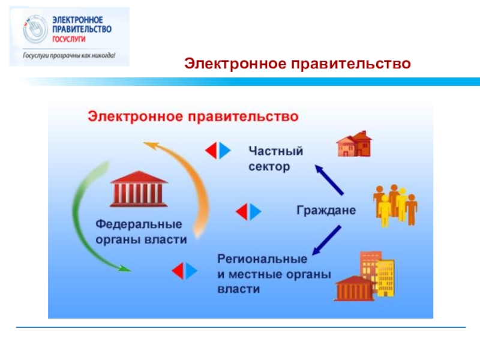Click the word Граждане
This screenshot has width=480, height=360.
pos(326,211)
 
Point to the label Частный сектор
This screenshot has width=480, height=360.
pos(275,158)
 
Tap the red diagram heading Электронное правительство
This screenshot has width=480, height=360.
pos(193,116)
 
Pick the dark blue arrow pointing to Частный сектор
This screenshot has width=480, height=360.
pos(329,179)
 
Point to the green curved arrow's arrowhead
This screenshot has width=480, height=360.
pos(123,268)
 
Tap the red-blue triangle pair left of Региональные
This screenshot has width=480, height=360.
pos(184,271)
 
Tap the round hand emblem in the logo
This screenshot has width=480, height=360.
pos(33,31)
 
